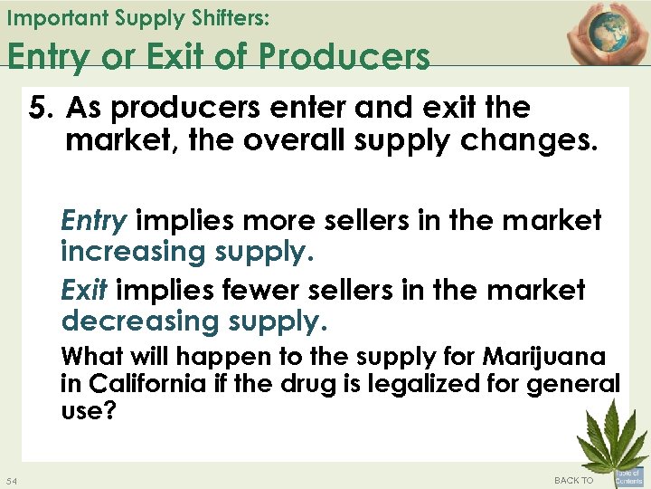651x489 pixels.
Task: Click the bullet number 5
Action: coord(41,108)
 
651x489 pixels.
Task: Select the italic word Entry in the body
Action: coord(93,220)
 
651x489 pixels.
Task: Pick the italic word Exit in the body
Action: coord(84,291)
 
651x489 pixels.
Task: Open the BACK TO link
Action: coord(573,480)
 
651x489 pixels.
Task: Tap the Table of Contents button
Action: coord(628,476)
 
